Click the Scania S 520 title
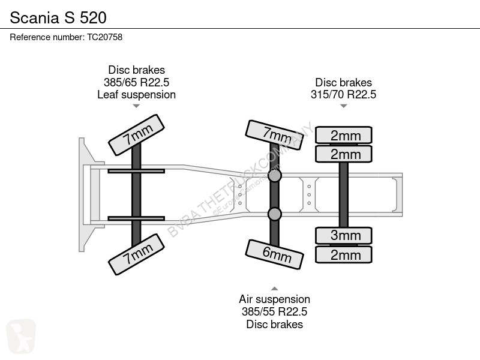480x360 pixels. [58, 17]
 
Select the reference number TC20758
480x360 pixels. [104, 37]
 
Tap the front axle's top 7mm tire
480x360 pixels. [137, 134]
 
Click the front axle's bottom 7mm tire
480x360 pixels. [137, 254]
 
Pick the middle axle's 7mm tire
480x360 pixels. [274, 135]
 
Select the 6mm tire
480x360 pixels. [274, 254]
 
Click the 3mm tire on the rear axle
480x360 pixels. [344, 235]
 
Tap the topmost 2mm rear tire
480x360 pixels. [344, 135]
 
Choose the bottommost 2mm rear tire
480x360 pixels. [344, 254]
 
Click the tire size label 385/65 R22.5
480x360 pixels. [137, 82]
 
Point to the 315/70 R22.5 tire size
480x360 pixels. [343, 95]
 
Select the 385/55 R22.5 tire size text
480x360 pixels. [274, 311]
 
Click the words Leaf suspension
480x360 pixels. [137, 95]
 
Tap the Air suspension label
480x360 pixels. [274, 299]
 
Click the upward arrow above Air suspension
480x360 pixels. [275, 289]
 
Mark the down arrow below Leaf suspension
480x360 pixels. [137, 106]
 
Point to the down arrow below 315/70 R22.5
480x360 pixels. [343, 106]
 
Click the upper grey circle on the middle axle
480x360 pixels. [275, 176]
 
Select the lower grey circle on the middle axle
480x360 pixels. [275, 214]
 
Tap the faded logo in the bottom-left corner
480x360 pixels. [21, 336]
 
